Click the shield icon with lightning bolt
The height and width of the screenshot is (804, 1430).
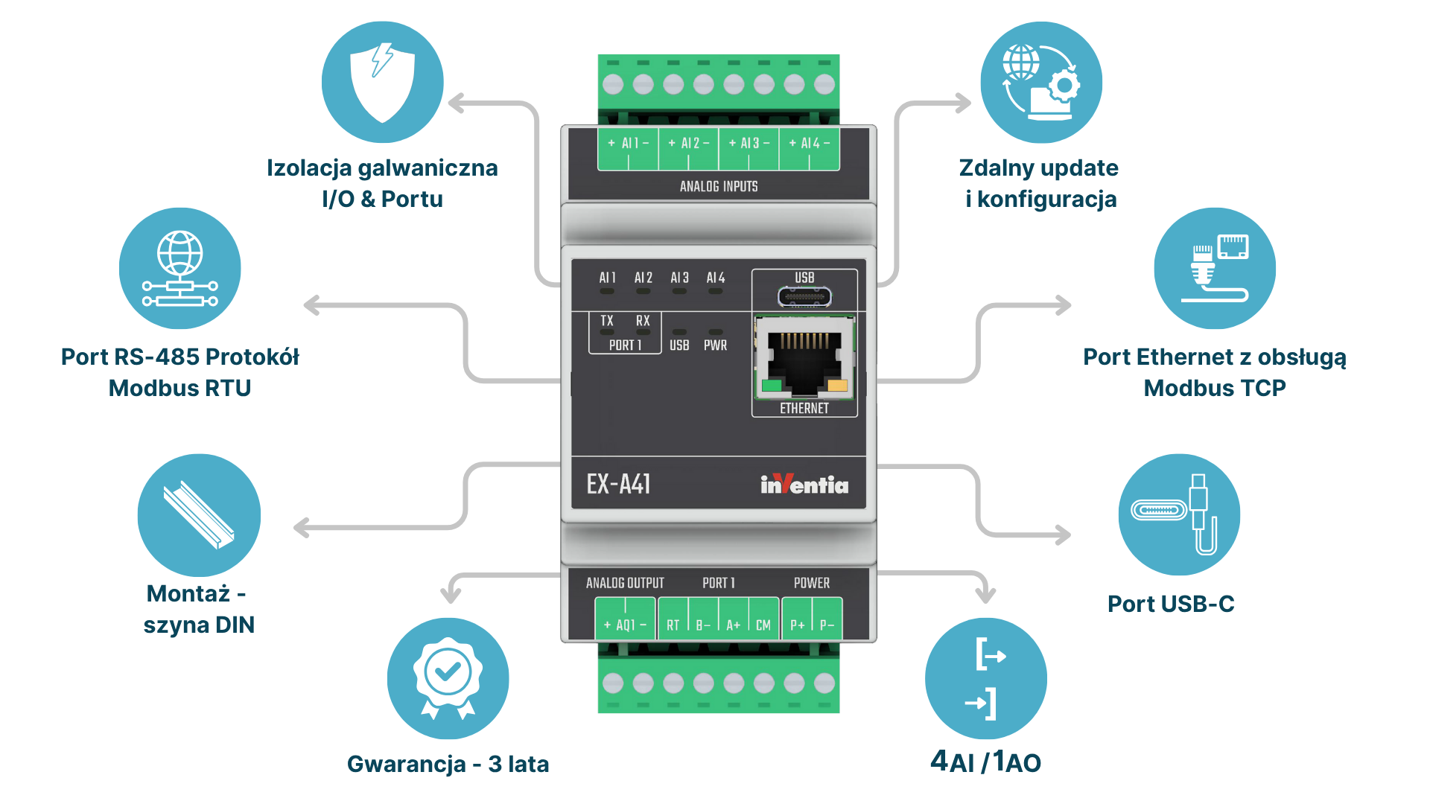[382, 82]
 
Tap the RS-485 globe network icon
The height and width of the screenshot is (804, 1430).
[180, 268]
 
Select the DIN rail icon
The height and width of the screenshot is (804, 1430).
[199, 515]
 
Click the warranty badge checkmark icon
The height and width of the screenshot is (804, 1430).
[448, 678]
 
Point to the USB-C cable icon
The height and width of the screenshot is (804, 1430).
[1179, 514]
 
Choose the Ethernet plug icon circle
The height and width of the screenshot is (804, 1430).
[1215, 268]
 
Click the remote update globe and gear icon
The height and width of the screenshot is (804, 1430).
[1041, 82]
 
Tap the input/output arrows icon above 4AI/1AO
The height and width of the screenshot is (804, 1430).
[986, 678]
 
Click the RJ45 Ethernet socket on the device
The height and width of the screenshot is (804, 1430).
[804, 357]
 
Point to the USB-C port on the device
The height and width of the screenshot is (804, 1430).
[804, 297]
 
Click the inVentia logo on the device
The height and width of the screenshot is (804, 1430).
[804, 485]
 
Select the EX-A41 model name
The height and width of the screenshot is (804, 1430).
[618, 485]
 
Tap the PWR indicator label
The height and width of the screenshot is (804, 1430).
[715, 345]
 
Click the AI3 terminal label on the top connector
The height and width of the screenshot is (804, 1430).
[749, 143]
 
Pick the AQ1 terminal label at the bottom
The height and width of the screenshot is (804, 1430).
[625, 625]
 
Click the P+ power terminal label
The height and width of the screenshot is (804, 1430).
[798, 625]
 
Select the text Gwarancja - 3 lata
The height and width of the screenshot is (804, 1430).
[448, 765]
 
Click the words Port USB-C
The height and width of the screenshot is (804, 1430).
[1171, 604]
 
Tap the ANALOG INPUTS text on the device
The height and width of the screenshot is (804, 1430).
[719, 186]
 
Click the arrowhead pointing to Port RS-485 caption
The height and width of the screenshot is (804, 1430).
[312, 305]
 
